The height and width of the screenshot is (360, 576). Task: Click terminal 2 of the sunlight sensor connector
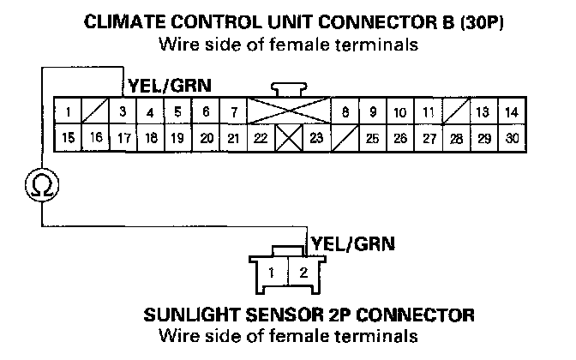point(303,273)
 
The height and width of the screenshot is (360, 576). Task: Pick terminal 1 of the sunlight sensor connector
point(271,273)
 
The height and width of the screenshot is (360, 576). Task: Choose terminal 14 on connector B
point(511,112)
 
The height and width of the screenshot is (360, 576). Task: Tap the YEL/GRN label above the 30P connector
point(171,85)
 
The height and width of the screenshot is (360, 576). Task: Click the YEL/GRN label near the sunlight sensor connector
point(352,243)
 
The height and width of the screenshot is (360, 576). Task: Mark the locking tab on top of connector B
point(287,88)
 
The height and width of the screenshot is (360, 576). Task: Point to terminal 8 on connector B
point(345,112)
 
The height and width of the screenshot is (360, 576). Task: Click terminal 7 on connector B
point(232,112)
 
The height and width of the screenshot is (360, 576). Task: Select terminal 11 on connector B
point(428,112)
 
